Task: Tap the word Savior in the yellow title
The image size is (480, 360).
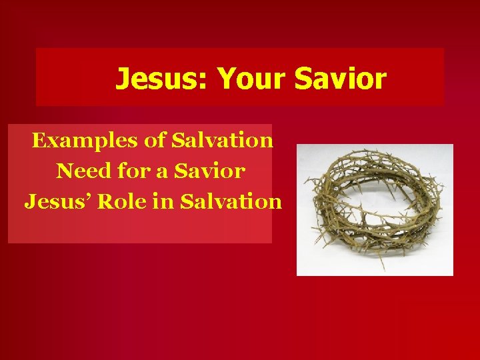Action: pos(341,79)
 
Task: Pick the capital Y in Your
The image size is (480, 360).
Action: pos(227,79)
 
